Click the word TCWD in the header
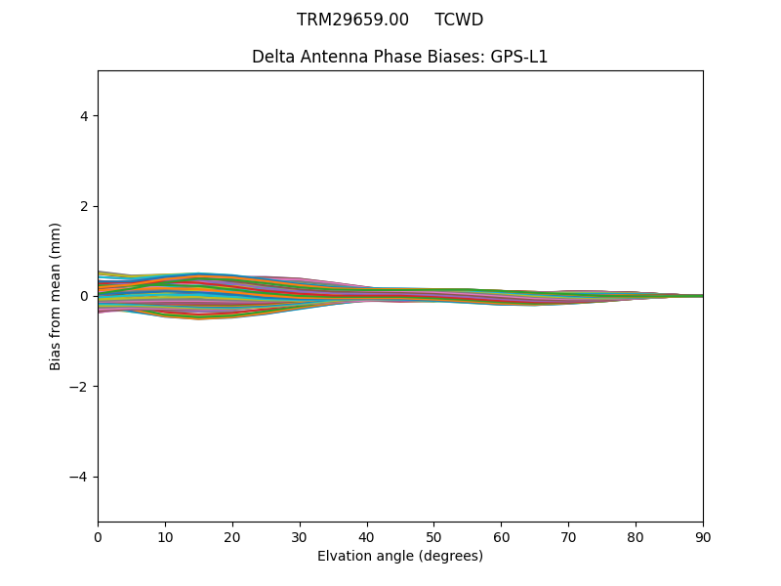click(459, 20)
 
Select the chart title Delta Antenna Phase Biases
click(368, 57)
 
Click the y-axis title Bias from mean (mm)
click(57, 296)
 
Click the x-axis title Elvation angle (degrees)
click(400, 557)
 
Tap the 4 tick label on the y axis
click(84, 116)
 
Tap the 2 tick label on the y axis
click(84, 206)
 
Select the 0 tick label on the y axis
click(84, 296)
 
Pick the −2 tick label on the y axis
click(80, 387)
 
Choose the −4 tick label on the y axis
click(80, 477)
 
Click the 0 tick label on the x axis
click(98, 537)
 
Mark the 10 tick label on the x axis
click(165, 537)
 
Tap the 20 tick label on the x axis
click(232, 537)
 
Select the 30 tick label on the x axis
click(300, 537)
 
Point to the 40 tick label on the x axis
click(367, 537)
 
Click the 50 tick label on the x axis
click(433, 537)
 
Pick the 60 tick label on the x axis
click(501, 537)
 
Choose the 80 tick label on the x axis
click(636, 537)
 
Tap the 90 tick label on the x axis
click(703, 537)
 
